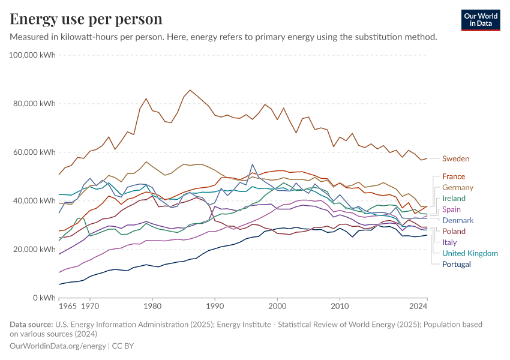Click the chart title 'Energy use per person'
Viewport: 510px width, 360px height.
(x=86, y=19)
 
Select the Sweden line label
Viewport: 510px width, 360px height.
(x=455, y=159)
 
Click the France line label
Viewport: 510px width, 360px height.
(x=454, y=176)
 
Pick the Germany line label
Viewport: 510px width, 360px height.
(x=458, y=188)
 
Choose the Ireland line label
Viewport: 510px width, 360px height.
(x=454, y=199)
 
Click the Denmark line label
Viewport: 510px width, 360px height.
(x=458, y=220)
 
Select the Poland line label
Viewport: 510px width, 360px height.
(x=454, y=232)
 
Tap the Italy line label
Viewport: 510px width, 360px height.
(x=449, y=242)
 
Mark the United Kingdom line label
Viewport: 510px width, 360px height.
(x=470, y=253)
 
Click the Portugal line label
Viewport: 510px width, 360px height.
(x=457, y=264)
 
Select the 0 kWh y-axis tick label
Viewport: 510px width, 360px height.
(x=44, y=298)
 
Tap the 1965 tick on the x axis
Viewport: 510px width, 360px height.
(x=68, y=306)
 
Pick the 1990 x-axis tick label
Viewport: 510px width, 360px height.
(x=215, y=306)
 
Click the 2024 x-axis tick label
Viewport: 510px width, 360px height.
(x=418, y=306)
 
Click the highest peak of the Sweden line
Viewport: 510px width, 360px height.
(x=190, y=90)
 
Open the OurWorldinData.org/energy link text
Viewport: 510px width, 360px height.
(x=58, y=346)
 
